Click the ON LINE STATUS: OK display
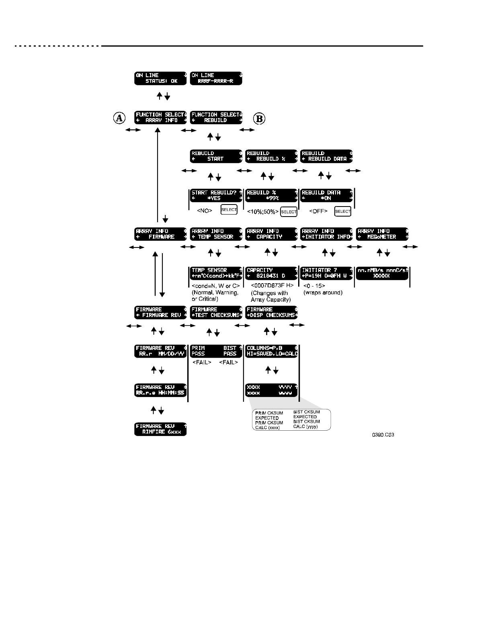tap(161, 78)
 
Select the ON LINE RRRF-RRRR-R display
tap(217, 78)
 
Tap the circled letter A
tap(119, 118)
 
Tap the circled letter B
tap(260, 119)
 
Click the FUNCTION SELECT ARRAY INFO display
tap(161, 117)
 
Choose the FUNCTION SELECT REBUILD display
tap(217, 117)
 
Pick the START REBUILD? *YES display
tap(217, 195)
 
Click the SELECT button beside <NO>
tap(229, 210)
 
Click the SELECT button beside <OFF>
tap(343, 211)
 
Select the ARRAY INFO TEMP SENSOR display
tap(217, 234)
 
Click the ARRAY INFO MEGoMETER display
tap(382, 234)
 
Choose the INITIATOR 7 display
tap(326, 273)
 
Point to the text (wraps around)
tap(323, 292)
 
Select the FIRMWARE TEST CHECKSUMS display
tap(217, 312)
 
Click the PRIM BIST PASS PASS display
tap(217, 351)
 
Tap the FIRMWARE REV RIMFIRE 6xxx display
tap(161, 429)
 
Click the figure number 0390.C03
tap(383, 435)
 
